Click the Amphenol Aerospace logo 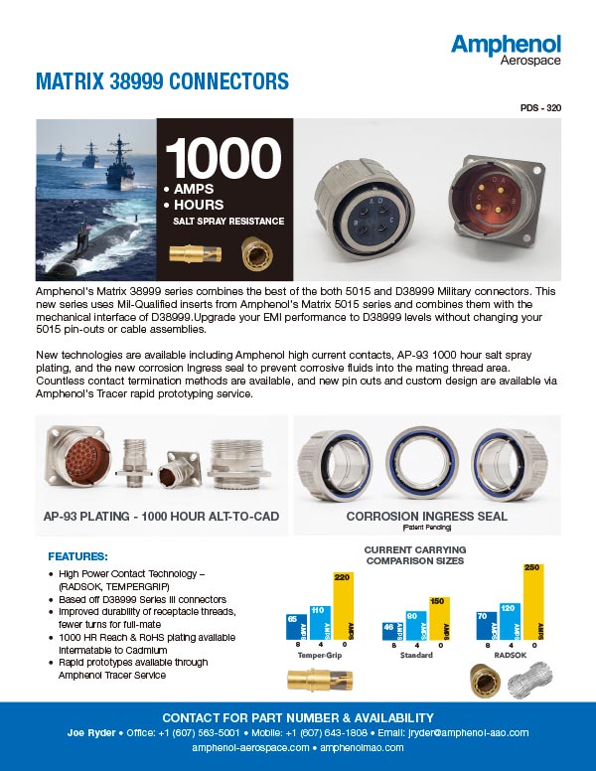tap(505, 49)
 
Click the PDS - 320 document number tap(540, 106)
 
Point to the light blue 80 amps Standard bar tap(413, 628)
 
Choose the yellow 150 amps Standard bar tap(438, 621)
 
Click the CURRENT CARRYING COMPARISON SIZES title tap(414, 555)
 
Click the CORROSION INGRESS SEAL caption tap(426, 517)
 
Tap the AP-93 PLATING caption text tap(160, 517)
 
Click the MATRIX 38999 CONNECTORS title tap(162, 80)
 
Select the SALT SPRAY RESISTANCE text tap(228, 221)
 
